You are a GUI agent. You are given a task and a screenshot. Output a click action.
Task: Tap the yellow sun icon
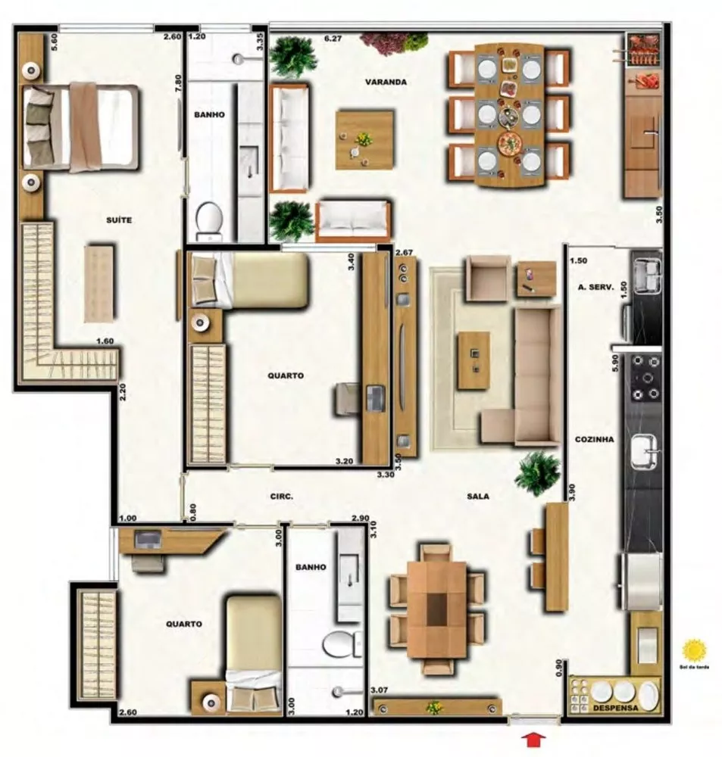694,650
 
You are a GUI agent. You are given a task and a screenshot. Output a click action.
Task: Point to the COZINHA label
594,439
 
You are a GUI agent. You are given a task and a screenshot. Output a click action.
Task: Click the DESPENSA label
615,708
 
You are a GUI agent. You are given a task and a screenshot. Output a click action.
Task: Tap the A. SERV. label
595,287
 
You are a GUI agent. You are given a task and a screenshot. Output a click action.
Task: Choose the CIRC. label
282,497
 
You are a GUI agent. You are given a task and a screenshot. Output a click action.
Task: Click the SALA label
478,497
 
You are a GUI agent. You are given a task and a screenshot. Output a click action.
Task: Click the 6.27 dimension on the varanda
333,36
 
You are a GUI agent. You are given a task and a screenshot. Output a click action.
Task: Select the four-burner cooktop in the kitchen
645,377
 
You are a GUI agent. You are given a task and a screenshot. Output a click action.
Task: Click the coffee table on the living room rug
474,360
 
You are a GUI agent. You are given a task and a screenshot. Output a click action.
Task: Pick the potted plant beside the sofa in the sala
537,473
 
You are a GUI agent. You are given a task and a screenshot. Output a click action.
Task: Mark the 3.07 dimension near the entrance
380,690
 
